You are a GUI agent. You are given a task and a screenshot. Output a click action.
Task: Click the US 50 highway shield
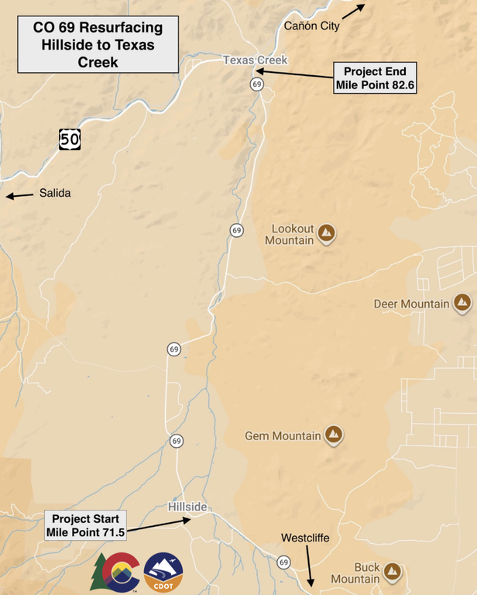(x=70, y=139)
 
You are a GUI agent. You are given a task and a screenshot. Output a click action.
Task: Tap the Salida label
(x=55, y=193)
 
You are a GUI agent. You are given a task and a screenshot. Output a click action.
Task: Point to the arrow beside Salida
(x=20, y=195)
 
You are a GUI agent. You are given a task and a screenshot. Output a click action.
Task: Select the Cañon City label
(x=311, y=26)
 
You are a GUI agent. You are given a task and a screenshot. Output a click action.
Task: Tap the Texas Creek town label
(x=255, y=60)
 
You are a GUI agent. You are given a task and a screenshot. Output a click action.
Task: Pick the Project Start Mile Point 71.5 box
(x=85, y=525)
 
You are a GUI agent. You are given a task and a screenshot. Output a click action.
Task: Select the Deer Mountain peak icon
(x=463, y=303)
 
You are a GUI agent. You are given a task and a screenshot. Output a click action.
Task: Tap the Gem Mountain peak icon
(x=335, y=435)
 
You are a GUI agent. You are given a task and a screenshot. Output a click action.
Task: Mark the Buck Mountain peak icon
(x=393, y=572)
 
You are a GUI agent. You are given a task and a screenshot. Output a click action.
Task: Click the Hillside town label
(x=187, y=507)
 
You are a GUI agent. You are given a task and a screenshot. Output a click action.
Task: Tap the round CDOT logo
(x=163, y=573)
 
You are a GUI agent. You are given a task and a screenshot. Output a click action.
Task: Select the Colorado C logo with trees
(x=116, y=573)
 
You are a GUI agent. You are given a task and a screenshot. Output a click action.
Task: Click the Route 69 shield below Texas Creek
(x=257, y=84)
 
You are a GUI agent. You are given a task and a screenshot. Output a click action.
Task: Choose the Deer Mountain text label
(x=411, y=304)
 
